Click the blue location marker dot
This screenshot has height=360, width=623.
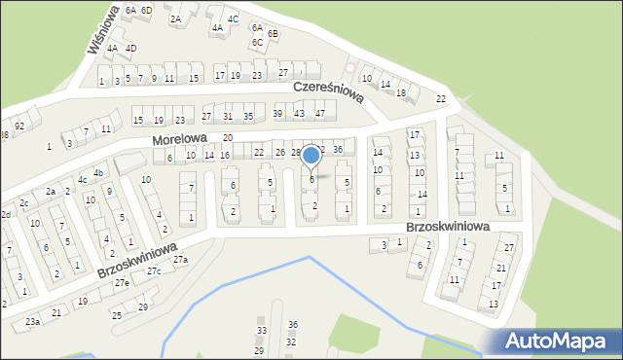[x=311, y=155]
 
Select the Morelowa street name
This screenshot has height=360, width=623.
[x=180, y=140]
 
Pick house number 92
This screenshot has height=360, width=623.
[x=18, y=126]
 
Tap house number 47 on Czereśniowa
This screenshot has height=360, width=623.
[x=319, y=114]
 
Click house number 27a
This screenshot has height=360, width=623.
[x=181, y=260]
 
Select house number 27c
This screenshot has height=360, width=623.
[x=154, y=271]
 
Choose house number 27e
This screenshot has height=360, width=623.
[x=121, y=282]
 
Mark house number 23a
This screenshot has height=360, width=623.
[x=32, y=321]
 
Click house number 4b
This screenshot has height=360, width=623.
[x=97, y=172]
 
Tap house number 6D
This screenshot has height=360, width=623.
[x=146, y=10]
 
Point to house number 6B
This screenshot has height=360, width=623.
[x=274, y=33]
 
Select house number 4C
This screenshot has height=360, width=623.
[x=233, y=18]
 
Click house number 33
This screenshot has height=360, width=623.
[x=260, y=331]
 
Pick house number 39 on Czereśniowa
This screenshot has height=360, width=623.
[x=277, y=114]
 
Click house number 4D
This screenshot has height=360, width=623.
[x=130, y=48]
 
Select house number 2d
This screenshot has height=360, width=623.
[x=5, y=214]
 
